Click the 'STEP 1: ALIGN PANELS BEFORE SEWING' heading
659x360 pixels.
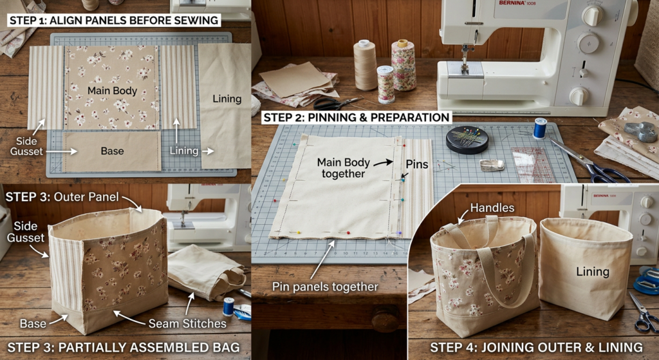point(114,20)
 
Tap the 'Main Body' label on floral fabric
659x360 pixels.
point(112,91)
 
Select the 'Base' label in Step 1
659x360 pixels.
point(112,151)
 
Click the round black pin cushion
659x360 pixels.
point(467,140)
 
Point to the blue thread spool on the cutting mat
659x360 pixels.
point(540,128)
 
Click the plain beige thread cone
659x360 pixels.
point(365,65)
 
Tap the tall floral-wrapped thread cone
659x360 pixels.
point(403,64)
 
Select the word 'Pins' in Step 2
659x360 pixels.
point(416,164)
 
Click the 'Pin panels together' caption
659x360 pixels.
point(325,287)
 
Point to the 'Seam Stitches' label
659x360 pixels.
point(187,323)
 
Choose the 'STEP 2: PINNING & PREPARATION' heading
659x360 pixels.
point(357,117)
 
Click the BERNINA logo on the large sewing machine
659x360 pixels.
point(512,3)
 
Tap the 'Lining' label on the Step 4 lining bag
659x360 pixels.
point(593,272)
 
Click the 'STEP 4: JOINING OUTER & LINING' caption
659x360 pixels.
point(536,347)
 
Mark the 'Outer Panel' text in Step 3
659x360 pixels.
point(86,197)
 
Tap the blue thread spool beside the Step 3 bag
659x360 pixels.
point(228,307)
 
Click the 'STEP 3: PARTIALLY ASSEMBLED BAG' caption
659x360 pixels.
point(124,347)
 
